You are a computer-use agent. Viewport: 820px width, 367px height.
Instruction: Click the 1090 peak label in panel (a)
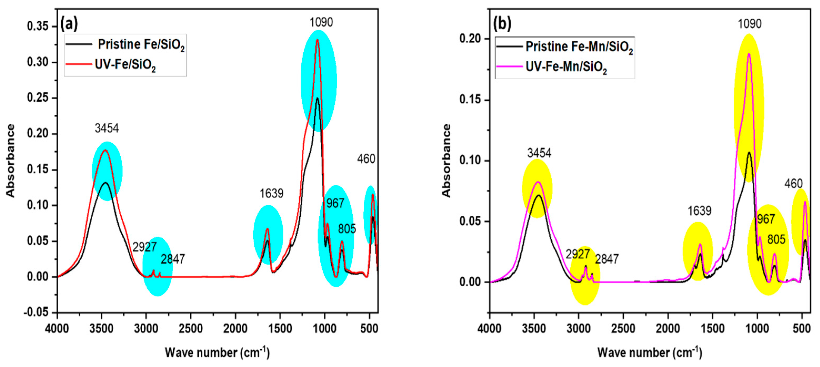tap(321, 22)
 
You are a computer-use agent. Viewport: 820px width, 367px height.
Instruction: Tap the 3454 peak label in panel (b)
tap(539, 153)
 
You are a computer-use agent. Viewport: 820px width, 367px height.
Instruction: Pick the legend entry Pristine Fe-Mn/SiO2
tap(579, 47)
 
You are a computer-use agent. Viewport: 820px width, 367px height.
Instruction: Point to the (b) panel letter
tap(502, 24)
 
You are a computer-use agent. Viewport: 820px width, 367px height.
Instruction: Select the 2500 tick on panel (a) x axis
tap(191, 328)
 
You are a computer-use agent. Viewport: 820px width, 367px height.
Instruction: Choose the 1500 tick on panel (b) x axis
tap(712, 328)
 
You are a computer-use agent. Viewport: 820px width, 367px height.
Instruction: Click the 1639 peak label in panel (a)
tap(271, 193)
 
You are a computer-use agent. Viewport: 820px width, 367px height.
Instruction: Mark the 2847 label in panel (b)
tap(607, 259)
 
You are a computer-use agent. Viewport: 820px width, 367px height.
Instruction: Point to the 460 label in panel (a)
tap(366, 159)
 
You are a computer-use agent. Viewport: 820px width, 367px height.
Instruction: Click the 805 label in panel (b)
tap(776, 239)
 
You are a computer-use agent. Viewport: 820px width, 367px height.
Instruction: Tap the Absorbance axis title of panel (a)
tap(11, 161)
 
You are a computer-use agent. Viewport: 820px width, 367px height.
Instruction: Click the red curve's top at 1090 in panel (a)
tap(317, 40)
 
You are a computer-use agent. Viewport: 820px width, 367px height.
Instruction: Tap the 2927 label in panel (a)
tap(145, 247)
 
